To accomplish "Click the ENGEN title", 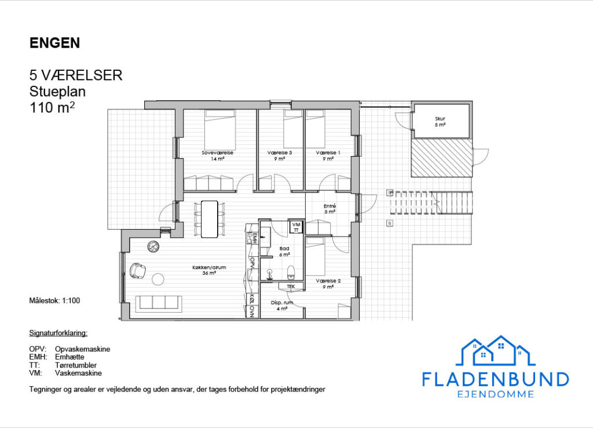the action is [55, 43].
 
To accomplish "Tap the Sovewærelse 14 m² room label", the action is [218, 155].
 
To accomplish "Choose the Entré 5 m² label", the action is [330, 209].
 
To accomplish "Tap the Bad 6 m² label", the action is [284, 252].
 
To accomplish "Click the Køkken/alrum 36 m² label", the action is [209, 270].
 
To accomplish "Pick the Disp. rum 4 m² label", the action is [282, 306].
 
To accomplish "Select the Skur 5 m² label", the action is [440, 122].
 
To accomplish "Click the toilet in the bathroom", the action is [291, 272].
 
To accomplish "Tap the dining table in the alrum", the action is [209, 219].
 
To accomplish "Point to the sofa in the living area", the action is [159, 303].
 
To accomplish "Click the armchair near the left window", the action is [138, 271].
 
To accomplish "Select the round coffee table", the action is [158, 279].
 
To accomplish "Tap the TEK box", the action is [291, 286].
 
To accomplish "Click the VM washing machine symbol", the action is [296, 224].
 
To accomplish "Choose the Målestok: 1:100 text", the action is [54, 301].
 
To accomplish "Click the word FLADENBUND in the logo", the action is [496, 379].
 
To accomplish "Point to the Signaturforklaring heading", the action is [58, 333].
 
